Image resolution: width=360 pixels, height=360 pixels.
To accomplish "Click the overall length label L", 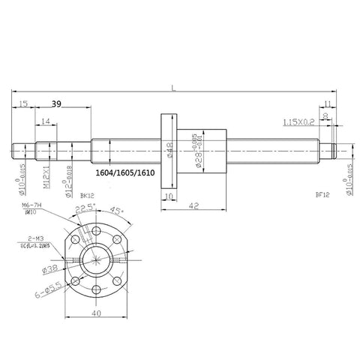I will point(174,89).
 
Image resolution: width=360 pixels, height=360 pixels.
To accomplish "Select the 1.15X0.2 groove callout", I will point(298,121).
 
